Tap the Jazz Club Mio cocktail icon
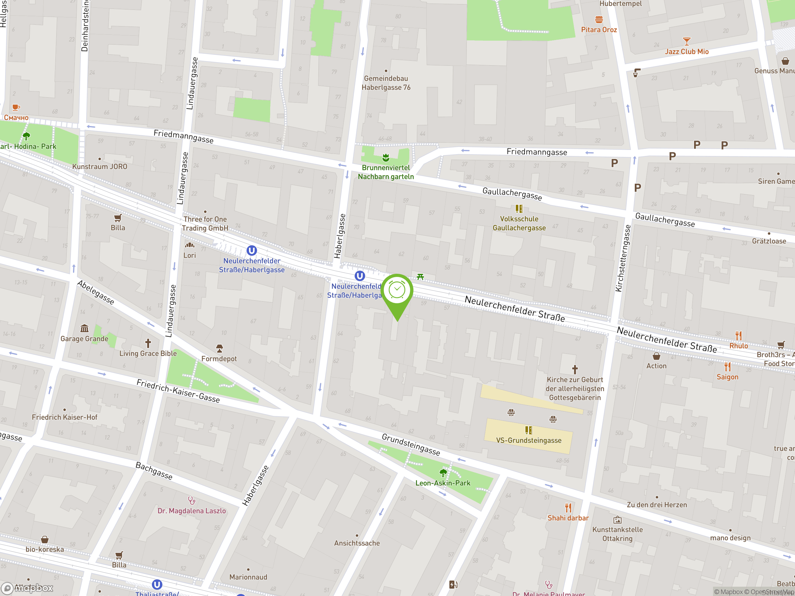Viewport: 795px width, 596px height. pos(686,41)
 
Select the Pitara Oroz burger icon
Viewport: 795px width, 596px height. pos(599,19)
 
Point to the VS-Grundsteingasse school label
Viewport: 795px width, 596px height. pos(529,440)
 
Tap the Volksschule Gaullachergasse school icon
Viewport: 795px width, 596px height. pos(519,209)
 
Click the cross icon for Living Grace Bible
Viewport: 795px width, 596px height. pos(148,343)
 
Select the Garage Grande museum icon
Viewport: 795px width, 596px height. pos(84,328)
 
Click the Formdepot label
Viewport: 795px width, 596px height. pos(219,359)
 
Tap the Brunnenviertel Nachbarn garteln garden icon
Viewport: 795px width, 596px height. pos(386,157)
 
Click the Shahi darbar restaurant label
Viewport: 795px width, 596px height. pos(568,518)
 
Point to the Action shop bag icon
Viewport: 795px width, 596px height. pos(656,356)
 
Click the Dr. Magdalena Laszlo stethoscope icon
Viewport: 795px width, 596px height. pos(192,500)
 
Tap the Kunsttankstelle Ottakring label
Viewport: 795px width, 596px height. pos(617,534)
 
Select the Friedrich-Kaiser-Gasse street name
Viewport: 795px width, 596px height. pos(178,391)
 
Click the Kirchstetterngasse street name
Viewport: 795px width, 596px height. pos(623,258)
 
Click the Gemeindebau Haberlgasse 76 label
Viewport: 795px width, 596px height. pos(386,83)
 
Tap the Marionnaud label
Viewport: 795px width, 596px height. pos(248,577)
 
